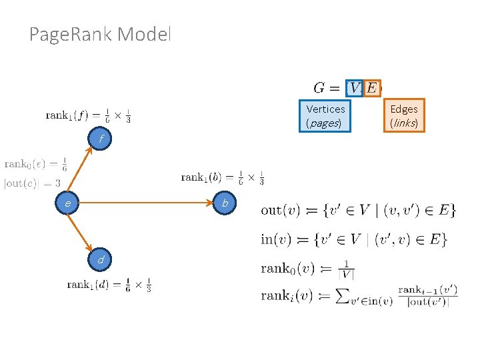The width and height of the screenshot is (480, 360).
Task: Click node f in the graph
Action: (101, 139)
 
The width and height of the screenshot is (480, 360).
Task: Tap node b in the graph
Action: (225, 202)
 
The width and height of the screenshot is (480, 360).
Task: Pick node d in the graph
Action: (101, 259)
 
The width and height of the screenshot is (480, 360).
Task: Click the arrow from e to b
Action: (147, 202)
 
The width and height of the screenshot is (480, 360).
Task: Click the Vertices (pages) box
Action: (325, 115)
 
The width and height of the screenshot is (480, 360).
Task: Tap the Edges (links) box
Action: (404, 115)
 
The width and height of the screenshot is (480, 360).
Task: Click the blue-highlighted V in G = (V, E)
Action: (355, 88)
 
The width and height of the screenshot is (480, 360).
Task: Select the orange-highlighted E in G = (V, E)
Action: (371, 88)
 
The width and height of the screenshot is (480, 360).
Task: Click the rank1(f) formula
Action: (88, 115)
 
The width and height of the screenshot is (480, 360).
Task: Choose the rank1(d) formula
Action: (109, 285)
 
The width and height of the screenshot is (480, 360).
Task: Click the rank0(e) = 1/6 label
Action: (35, 164)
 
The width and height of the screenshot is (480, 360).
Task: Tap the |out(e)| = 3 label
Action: (32, 182)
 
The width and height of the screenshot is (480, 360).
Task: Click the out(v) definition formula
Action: (358, 210)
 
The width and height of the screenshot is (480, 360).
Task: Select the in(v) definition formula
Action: (353, 239)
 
